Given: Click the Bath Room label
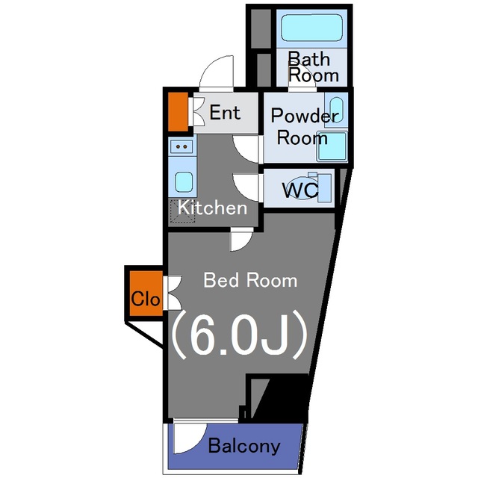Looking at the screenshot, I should coord(313,66).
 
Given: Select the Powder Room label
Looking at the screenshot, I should coord(304,127).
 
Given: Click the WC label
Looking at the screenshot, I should coord(299,190).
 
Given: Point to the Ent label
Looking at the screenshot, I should coord(225,113).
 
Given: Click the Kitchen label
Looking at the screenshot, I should coord(212,208).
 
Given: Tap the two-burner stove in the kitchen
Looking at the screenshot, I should coord(182,147).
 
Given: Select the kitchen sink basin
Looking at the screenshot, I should coord(183,181).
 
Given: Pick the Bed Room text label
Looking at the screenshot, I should coord(250,281).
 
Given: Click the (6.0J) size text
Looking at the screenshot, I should coord(240,335).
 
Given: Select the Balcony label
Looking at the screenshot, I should coord(244,447).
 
